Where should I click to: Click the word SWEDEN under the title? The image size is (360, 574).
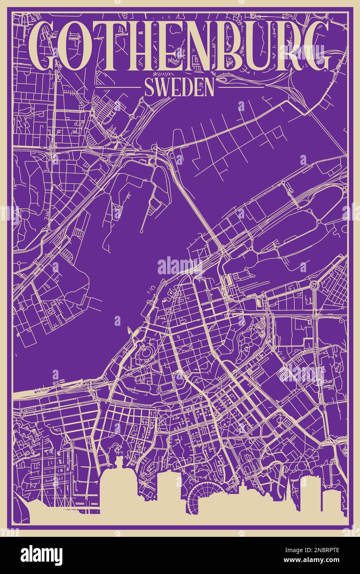click(x=180, y=88)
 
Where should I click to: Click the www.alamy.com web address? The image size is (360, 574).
click(x=314, y=561)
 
